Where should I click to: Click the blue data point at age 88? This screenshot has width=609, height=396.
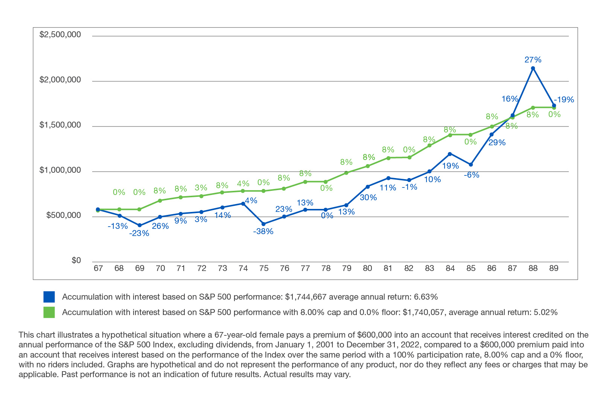pyautogui.click(x=533, y=68)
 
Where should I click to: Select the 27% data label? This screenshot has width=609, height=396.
pyautogui.click(x=533, y=59)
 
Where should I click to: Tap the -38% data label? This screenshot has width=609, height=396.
pyautogui.click(x=263, y=232)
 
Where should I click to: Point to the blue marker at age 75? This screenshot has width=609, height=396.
pyautogui.click(x=263, y=224)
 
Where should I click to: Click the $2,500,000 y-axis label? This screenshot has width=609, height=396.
pyautogui.click(x=60, y=35)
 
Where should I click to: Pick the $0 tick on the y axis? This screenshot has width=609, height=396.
pyautogui.click(x=76, y=260)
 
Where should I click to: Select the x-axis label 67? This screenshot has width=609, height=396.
pyautogui.click(x=98, y=268)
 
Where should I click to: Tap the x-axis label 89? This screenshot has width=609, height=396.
pyautogui.click(x=554, y=268)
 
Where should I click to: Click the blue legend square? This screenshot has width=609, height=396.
pyautogui.click(x=49, y=297)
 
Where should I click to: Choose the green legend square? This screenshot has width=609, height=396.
pyautogui.click(x=49, y=312)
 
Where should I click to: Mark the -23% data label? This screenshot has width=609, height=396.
pyautogui.click(x=139, y=233)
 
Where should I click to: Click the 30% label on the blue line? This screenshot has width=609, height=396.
pyautogui.click(x=368, y=197)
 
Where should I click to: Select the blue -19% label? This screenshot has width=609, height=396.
pyautogui.click(x=564, y=100)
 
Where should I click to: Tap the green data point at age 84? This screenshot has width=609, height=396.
pyautogui.click(x=450, y=135)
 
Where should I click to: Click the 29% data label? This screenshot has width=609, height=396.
pyautogui.click(x=497, y=143)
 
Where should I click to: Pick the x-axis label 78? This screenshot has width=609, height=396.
pyautogui.click(x=326, y=268)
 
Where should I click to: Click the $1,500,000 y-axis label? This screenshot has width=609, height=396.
pyautogui.click(x=60, y=125)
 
